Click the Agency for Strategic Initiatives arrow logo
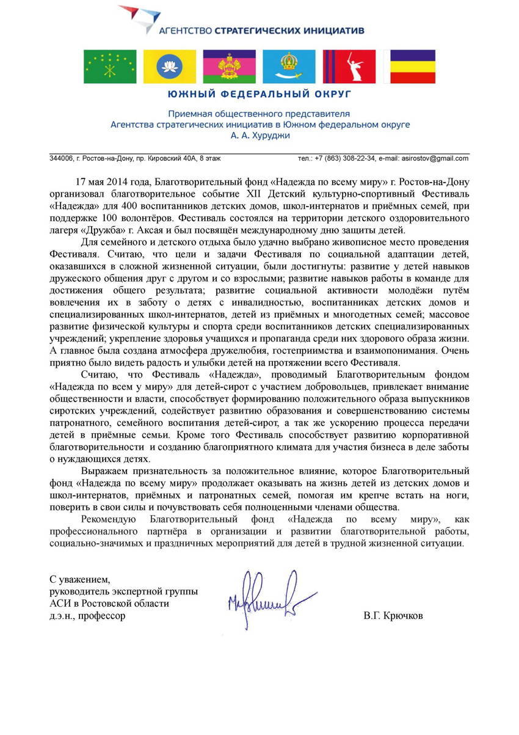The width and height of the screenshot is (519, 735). (140, 18)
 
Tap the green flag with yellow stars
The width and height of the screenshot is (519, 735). (110, 67)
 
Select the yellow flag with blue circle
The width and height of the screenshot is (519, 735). (170, 67)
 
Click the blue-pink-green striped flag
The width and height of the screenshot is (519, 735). (230, 67)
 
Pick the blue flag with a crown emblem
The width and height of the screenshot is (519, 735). (289, 67)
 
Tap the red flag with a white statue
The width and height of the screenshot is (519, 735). (349, 67)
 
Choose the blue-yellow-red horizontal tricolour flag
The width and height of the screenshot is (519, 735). (413, 67)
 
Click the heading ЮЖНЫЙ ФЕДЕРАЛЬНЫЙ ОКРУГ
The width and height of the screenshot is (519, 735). (259, 95)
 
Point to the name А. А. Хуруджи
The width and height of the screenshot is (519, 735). (259, 135)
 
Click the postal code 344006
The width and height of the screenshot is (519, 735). (60, 158)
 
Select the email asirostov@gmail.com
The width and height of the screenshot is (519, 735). (435, 158)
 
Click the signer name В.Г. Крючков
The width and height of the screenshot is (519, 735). (393, 616)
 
